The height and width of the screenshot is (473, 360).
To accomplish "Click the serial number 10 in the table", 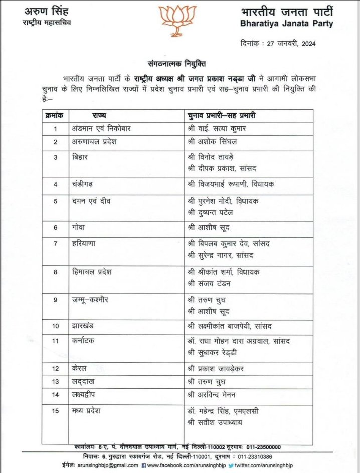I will pos(56,326).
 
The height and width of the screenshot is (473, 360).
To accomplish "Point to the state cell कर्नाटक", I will pos(83,341).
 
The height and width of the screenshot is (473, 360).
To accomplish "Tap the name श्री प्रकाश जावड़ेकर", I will pos(217,369).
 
